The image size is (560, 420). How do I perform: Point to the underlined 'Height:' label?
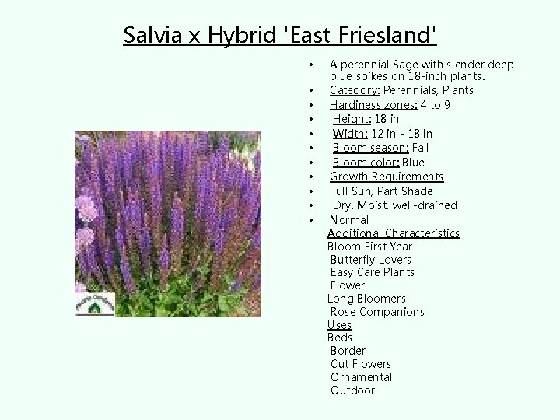(352, 119)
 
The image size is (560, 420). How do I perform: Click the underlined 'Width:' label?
(350, 134)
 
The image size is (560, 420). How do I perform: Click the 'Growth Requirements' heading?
(387, 177)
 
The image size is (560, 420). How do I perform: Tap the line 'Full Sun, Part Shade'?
(381, 191)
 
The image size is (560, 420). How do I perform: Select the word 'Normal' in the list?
(349, 220)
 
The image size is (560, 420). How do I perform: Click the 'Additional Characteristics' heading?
(394, 233)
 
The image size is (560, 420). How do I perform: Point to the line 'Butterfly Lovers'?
(371, 260)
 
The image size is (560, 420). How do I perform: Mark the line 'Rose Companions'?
(377, 312)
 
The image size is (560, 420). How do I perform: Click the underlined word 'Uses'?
(340, 325)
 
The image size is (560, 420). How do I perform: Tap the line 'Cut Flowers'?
(361, 364)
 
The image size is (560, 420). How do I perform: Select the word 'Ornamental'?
(362, 377)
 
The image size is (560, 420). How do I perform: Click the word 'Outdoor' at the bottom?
(352, 390)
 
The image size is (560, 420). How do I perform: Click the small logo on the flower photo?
(94, 304)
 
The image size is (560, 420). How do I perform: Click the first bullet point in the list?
(310, 64)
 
